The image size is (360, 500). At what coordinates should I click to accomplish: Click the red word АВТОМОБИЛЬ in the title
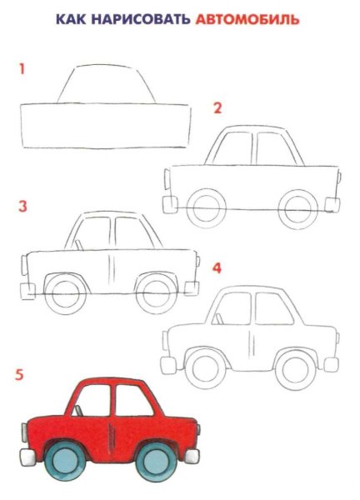[x=247, y=17]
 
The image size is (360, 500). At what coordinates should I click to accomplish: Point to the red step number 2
[x=218, y=107]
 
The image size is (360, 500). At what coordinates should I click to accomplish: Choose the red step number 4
[x=217, y=268]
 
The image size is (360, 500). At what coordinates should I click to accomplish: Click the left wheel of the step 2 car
[x=204, y=206]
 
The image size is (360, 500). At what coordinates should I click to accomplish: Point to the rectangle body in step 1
[x=105, y=125]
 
